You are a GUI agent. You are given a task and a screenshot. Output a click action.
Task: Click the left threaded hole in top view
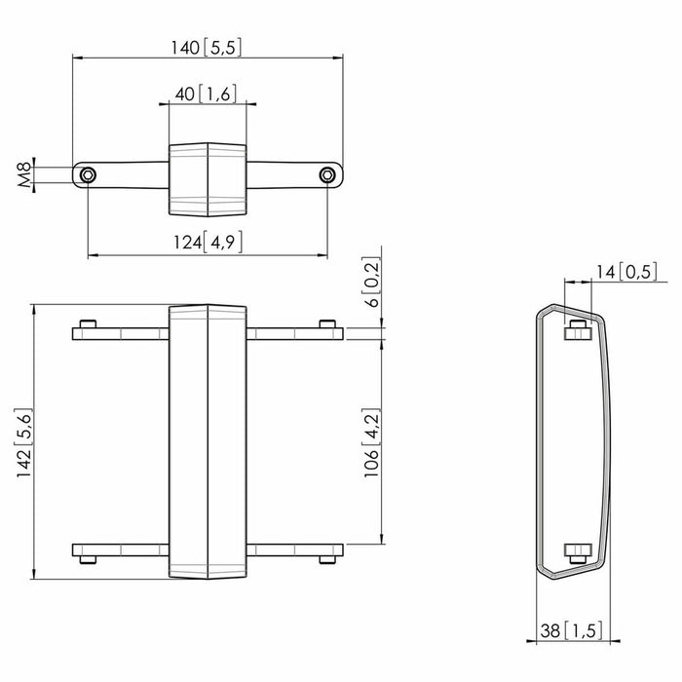click(89, 175)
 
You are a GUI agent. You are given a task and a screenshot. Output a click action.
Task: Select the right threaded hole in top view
click(327, 175)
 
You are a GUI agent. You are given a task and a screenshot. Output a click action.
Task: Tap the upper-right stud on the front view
click(327, 324)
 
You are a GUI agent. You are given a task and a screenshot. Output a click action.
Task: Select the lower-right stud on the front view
click(327, 559)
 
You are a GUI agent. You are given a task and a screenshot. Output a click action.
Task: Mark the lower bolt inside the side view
click(578, 550)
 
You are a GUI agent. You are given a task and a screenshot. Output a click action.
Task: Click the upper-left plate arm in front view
click(121, 334)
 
